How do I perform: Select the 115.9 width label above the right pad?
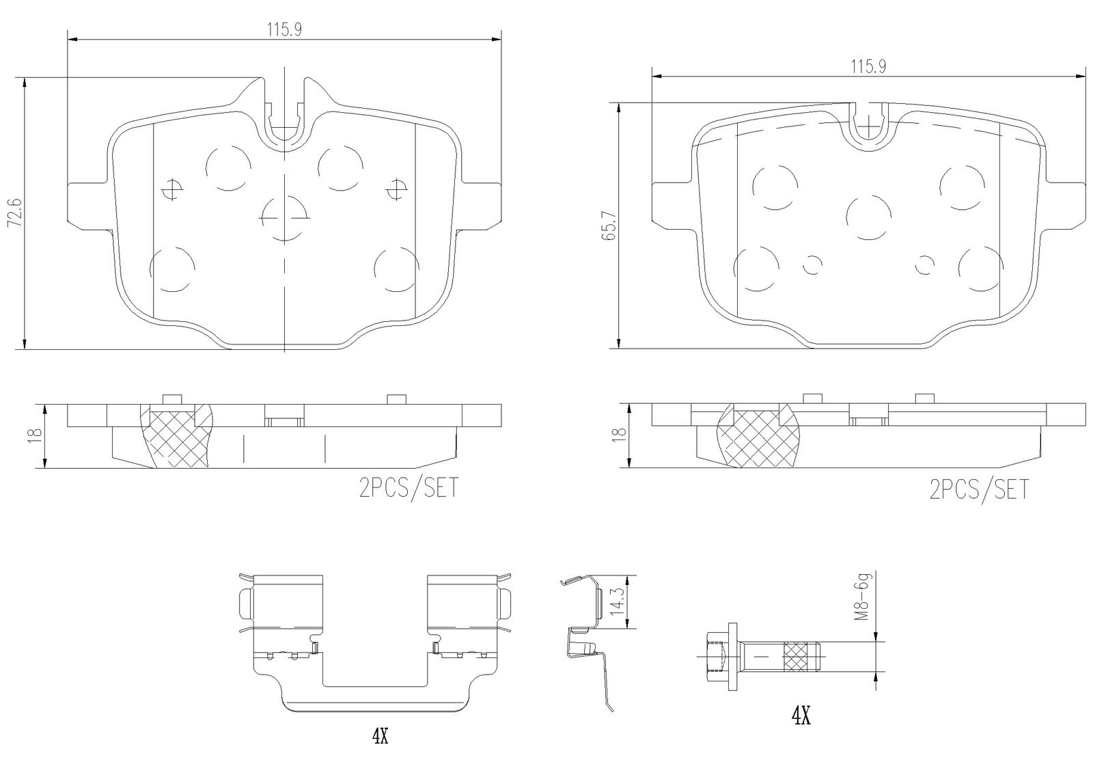coord(868,66)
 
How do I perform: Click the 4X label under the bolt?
coord(801,716)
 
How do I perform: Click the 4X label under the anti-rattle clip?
coord(379,735)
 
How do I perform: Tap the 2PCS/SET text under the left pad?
coord(409,488)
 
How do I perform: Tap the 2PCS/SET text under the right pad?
coord(979,489)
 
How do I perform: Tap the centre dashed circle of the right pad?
coord(868,217)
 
